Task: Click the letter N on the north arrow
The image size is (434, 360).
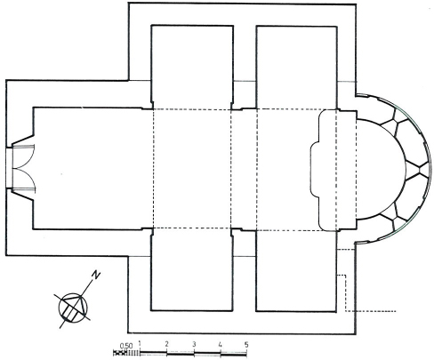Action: pyautogui.click(x=95, y=275)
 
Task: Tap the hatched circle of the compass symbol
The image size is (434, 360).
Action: pyautogui.click(x=73, y=308)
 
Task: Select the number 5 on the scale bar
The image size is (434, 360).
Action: pyautogui.click(x=246, y=345)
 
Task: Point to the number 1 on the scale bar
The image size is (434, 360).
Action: pyautogui.click(x=140, y=344)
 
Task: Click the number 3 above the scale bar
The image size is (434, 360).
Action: pyautogui.click(x=194, y=344)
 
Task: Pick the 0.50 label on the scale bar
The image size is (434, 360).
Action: pyautogui.click(x=126, y=346)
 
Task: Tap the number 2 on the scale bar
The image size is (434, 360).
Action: pyautogui.click(x=167, y=344)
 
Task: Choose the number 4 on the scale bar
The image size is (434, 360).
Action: pyautogui.click(x=220, y=345)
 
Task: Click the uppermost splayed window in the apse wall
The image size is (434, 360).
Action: pyautogui.click(x=392, y=119)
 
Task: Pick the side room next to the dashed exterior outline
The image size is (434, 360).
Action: pyautogui.click(x=296, y=271)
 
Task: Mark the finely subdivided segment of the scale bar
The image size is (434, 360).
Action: pyautogui.click(x=126, y=353)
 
